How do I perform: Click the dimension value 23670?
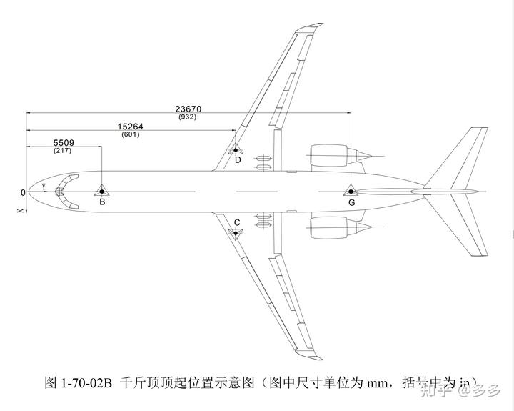[x=188, y=109]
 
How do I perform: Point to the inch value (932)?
[x=188, y=117]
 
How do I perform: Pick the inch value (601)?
[x=131, y=134]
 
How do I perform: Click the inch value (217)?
[x=63, y=151]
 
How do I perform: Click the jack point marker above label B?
[x=102, y=191]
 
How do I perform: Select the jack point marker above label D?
[x=236, y=149]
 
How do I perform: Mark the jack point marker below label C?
[x=236, y=232]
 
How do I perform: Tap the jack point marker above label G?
[x=351, y=191]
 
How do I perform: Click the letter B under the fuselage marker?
[x=102, y=202]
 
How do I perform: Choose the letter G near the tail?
[x=351, y=203]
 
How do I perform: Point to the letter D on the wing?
[x=238, y=160]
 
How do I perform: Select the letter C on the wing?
[x=237, y=222]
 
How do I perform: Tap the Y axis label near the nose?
[x=44, y=187]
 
